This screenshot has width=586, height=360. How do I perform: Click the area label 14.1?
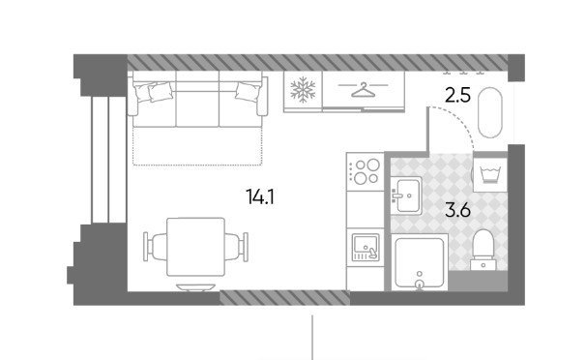click(x=260, y=196)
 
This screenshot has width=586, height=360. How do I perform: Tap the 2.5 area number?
click(x=457, y=95)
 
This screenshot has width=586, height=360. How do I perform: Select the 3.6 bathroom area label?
click(x=457, y=211)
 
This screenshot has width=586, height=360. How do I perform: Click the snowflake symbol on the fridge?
click(x=303, y=89)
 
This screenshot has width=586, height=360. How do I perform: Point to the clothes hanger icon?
click(x=364, y=90)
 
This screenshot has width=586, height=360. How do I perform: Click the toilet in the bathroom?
click(x=483, y=250)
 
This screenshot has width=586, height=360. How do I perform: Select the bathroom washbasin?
click(x=406, y=195)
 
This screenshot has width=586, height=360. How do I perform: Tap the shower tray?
click(x=420, y=262)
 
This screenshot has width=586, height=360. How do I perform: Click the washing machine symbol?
click(x=490, y=175)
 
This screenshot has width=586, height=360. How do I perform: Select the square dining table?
click(x=196, y=247)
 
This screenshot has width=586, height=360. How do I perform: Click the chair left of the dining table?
click(x=155, y=247)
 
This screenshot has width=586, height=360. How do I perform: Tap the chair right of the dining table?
click(x=236, y=247)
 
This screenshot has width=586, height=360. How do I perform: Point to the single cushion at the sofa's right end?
click(x=247, y=91)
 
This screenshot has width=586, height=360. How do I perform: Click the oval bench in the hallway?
click(x=490, y=112)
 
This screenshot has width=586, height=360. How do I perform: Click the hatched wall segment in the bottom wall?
click(x=284, y=298)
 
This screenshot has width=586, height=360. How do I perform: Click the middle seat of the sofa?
click(x=197, y=104)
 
